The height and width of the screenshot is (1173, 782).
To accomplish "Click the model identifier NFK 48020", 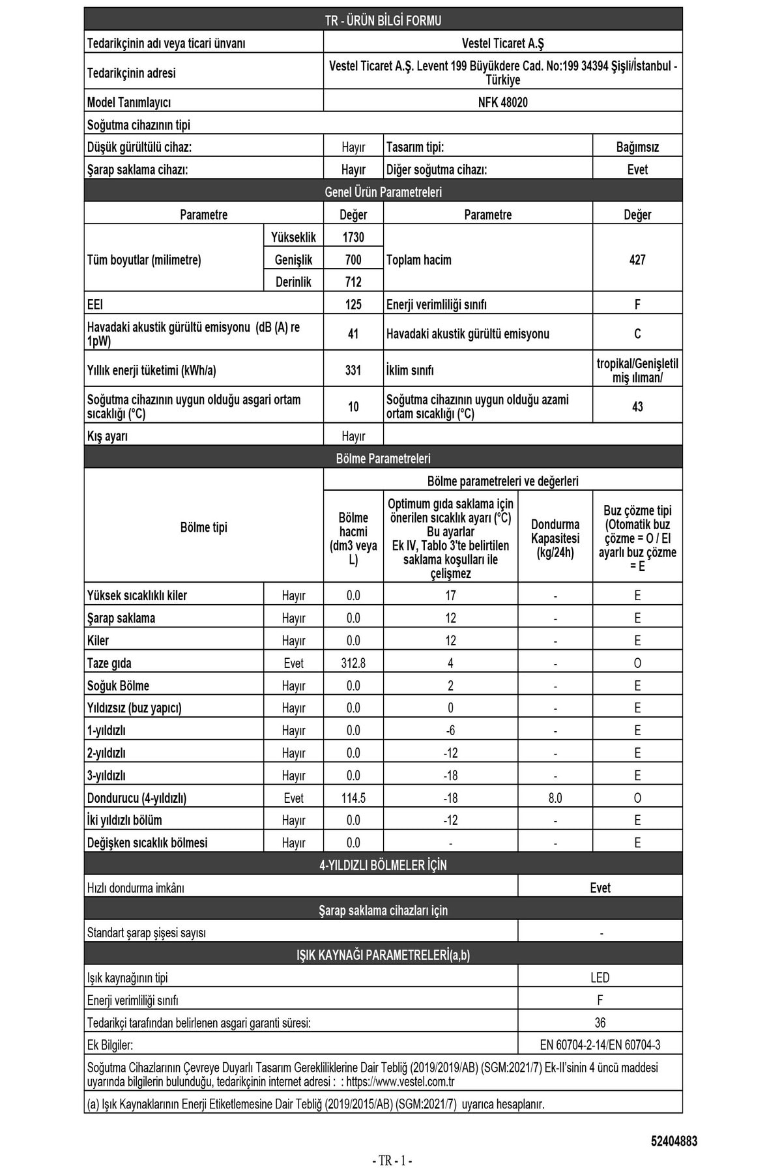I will [502, 102].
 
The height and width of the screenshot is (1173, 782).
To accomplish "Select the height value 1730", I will [353, 237].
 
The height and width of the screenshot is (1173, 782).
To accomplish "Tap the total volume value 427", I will [637, 260].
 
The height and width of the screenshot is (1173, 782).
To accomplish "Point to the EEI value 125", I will [353, 304].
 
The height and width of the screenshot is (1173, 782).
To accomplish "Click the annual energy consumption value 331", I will [353, 370].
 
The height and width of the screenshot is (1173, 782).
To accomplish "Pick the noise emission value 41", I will [353, 334].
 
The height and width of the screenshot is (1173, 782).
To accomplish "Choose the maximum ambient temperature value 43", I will [637, 407].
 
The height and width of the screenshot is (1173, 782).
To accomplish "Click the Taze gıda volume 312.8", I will [353, 663].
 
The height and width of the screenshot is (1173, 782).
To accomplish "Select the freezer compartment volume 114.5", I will [353, 798].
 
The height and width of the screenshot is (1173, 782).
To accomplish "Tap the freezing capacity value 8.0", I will [555, 798].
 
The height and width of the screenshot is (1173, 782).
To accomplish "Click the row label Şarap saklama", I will [121, 618].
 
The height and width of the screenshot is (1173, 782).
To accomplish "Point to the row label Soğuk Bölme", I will [118, 686].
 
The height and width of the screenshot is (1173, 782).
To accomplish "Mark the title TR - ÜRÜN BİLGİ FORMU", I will [383, 21].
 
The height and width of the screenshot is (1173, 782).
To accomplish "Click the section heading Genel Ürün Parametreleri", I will [383, 192].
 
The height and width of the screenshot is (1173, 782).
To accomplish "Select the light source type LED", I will [600, 977].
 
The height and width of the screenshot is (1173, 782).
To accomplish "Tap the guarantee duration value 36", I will [600, 1022].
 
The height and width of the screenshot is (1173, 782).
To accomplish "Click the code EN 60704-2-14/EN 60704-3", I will [600, 1045].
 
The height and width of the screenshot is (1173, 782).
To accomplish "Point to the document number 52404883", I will [674, 1141].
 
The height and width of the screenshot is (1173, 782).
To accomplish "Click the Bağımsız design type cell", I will [637, 147].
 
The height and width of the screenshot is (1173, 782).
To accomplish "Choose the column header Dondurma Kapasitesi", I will [555, 538].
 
